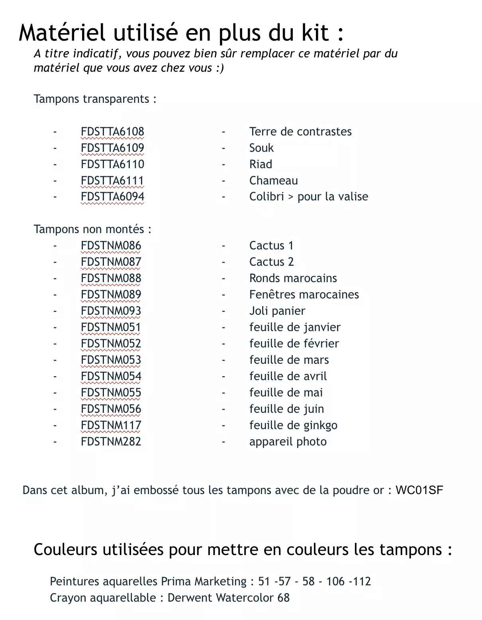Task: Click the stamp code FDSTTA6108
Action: pos(112,131)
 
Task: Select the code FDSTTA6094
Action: pos(112,196)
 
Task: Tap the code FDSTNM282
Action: pos(111,441)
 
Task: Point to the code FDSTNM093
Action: pos(111,311)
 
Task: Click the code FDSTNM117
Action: pos(111,425)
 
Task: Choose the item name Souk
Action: pos(261,148)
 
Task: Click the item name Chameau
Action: pos(273,181)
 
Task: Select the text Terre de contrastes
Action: pos(300,131)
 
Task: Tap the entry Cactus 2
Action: pos(271,262)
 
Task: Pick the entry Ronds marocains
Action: pos(293,278)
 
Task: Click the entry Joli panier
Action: pos(277,311)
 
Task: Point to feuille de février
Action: pos(294,343)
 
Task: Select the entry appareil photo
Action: pos(288,441)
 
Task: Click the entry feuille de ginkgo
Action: pos(293,425)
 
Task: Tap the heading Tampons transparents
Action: pos(95,99)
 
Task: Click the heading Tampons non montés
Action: pos(92,229)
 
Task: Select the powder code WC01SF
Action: pos(419,490)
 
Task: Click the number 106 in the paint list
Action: pos(335,581)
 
